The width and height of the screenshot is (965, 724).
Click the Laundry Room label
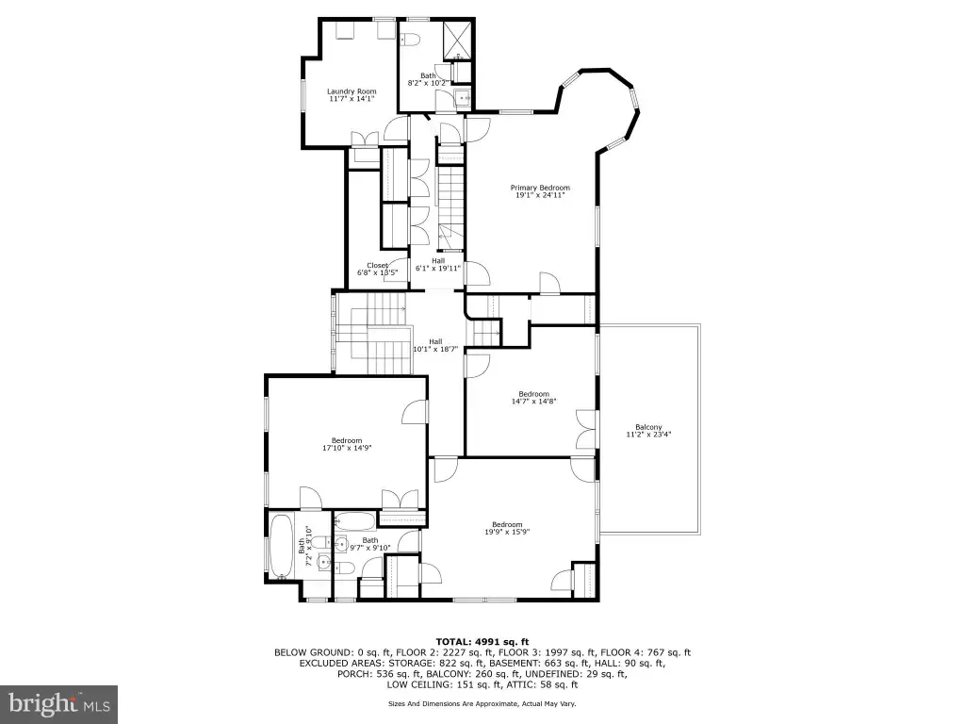click(352, 91)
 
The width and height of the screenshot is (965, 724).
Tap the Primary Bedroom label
click(540, 188)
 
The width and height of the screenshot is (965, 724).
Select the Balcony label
click(648, 427)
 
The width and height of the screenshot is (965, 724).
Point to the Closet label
click(377, 265)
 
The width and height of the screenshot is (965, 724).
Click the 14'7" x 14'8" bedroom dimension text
click(533, 402)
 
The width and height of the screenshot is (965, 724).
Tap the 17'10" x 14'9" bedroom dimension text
click(347, 448)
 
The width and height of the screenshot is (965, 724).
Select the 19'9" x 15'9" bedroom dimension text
click(507, 532)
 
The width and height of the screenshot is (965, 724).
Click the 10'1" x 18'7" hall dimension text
click(435, 349)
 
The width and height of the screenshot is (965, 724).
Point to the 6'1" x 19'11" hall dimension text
click(438, 268)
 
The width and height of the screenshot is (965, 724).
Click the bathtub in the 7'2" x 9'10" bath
click(282, 547)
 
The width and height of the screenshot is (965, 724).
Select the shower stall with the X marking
click(458, 37)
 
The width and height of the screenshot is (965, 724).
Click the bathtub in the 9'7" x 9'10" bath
click(355, 522)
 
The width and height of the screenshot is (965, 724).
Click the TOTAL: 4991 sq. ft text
click(482, 642)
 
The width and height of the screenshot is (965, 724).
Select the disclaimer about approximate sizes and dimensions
click(482, 703)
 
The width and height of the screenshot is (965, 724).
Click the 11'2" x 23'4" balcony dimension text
click(648, 434)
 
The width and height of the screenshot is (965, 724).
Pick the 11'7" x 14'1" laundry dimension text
click(352, 98)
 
